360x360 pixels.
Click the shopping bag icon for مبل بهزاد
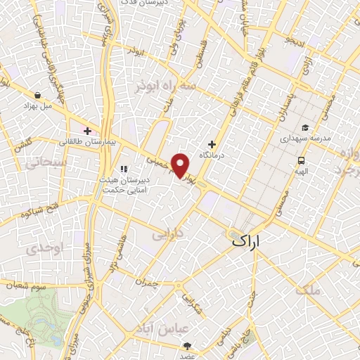(37, 94)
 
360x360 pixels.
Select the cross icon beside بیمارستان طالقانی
(87, 130)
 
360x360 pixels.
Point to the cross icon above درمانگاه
(212, 144)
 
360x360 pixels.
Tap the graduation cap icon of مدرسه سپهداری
(305, 127)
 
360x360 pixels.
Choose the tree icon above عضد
(188, 345)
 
